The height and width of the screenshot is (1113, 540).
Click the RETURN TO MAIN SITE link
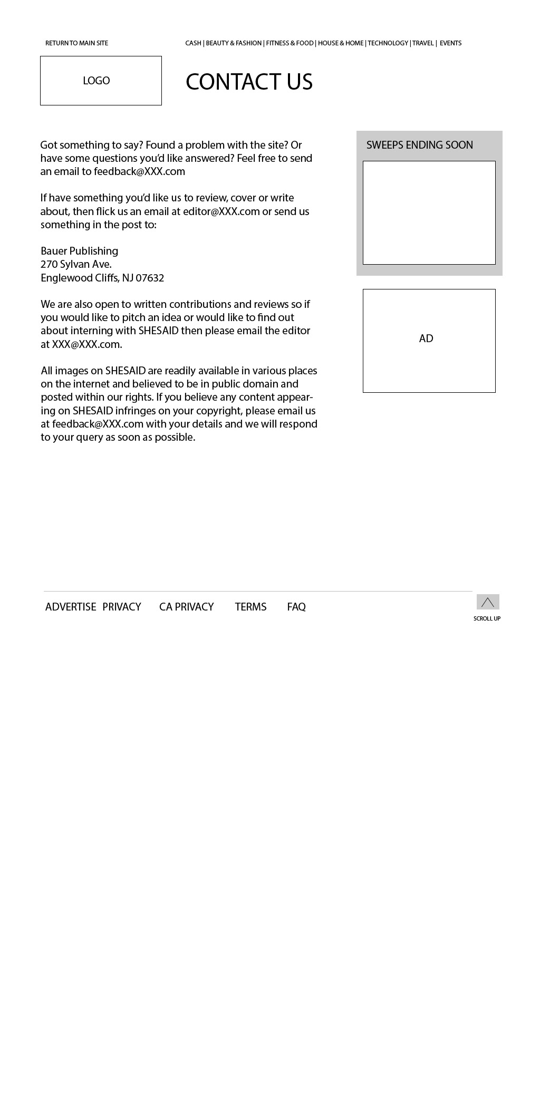click(x=76, y=43)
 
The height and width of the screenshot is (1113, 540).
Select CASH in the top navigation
click(x=193, y=43)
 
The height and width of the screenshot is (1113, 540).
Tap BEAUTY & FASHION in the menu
click(x=234, y=43)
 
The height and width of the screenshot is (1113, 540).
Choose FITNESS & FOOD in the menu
click(x=290, y=43)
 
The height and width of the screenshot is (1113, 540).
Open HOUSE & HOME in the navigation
click(x=341, y=43)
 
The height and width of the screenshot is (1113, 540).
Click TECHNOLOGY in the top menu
click(x=388, y=43)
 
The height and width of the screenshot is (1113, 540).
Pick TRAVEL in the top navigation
click(x=423, y=43)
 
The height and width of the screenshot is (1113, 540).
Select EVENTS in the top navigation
click(x=450, y=43)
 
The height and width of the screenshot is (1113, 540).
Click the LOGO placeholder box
click(x=101, y=81)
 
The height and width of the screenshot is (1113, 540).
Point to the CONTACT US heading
click(x=249, y=82)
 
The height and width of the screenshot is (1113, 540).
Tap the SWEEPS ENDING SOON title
click(x=419, y=145)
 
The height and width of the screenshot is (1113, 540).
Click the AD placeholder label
click(x=426, y=338)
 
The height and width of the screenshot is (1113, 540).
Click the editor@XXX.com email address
click(x=221, y=211)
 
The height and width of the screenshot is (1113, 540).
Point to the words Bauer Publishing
click(x=79, y=251)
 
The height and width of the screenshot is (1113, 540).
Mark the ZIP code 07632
click(x=150, y=278)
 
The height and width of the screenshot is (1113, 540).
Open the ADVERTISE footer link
click(x=71, y=607)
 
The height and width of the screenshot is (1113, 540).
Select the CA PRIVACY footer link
click(x=186, y=607)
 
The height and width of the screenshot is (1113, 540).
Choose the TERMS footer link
click(x=250, y=607)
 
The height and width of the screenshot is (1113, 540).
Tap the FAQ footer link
click(x=296, y=607)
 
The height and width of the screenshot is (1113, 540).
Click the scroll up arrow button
click(x=488, y=602)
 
